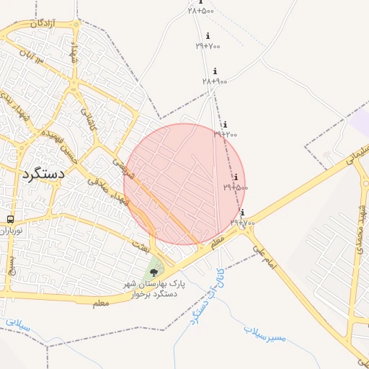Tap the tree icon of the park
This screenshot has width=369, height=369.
(x=153, y=272)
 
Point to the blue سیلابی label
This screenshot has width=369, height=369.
(x=17, y=325)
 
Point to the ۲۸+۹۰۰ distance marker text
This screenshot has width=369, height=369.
(x=215, y=81)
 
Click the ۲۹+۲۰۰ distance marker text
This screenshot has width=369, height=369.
(x=225, y=134)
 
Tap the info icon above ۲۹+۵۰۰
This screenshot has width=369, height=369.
(x=235, y=177)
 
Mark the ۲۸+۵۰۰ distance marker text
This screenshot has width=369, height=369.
(x=201, y=11)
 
